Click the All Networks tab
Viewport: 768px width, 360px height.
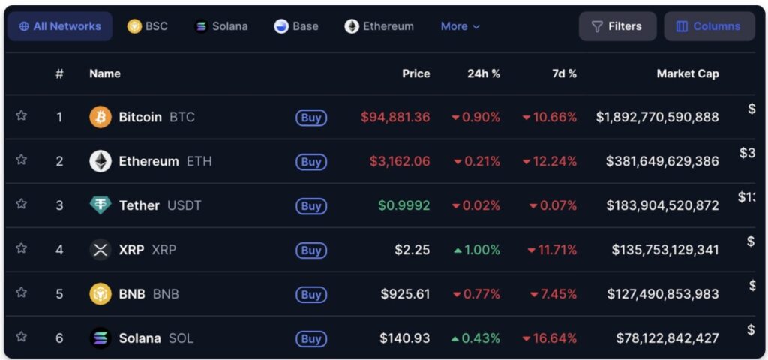60,26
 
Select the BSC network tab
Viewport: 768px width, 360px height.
148,26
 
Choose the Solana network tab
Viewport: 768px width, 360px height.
221,26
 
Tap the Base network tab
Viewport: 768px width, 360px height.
296,26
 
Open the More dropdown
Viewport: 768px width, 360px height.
460,26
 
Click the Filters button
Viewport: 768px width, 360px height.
617,26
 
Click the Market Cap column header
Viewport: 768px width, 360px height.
687,73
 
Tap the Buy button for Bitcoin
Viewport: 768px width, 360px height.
311,118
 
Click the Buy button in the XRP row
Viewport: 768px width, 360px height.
311,250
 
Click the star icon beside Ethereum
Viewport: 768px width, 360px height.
22,160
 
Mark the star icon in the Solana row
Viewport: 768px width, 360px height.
22,337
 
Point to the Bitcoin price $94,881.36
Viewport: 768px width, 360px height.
395,117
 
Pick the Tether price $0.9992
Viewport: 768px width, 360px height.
404,205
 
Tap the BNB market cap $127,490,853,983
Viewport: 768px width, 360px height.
663,294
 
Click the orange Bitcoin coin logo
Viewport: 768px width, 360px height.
100,117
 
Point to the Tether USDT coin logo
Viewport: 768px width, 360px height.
100,205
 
